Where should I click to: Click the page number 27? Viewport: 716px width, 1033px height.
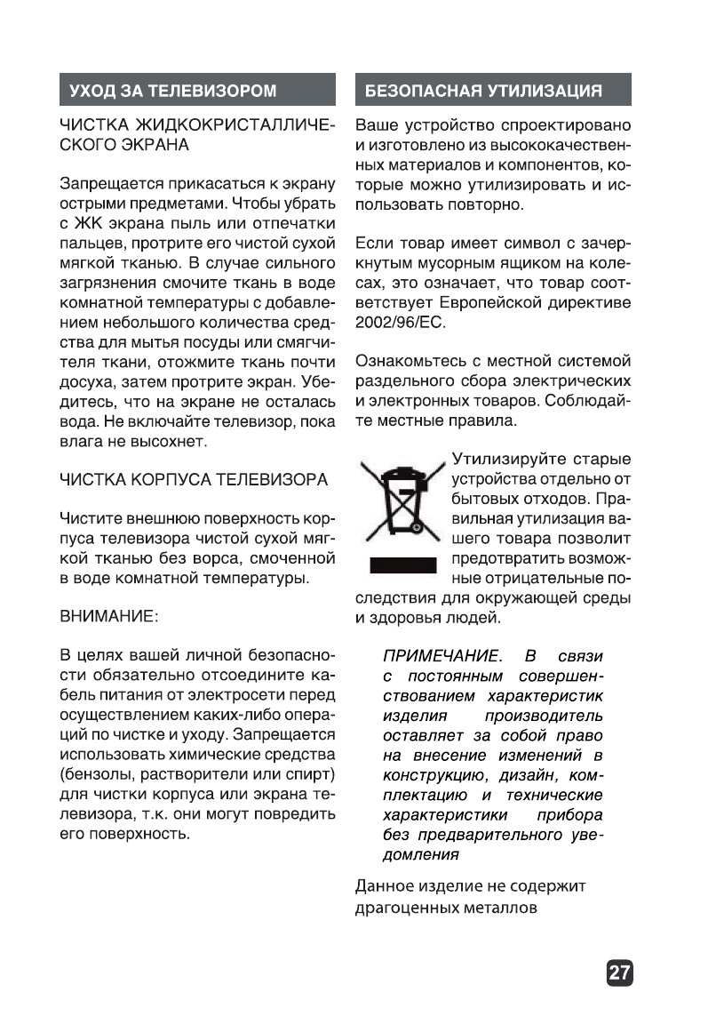(618, 973)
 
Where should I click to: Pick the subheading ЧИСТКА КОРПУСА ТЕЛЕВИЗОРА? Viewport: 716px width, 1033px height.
(194, 480)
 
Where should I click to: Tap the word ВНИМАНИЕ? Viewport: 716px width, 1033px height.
(108, 615)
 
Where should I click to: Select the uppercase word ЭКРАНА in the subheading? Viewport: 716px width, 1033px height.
(152, 144)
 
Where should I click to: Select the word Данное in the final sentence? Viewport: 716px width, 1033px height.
(383, 886)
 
